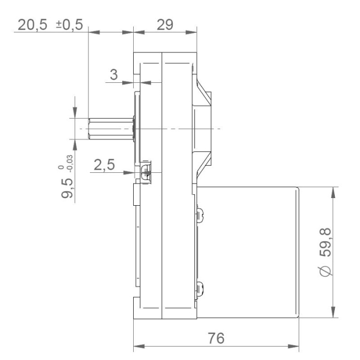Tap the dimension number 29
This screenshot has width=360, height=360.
tap(165, 25)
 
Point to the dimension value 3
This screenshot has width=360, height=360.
tap(114, 74)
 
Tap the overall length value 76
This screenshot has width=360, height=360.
tap(217, 339)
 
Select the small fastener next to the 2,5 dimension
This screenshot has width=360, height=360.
tap(146, 171)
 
